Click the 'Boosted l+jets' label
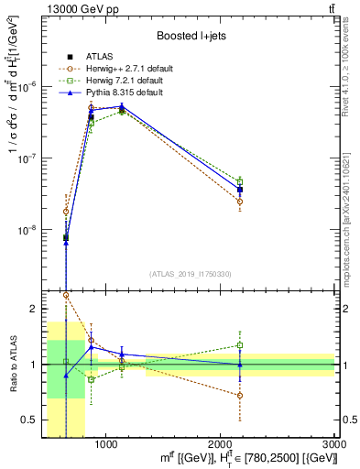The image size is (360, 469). [x=190, y=36]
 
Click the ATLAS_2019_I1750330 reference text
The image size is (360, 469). [x=191, y=274]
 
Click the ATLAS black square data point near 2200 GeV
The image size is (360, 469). [x=239, y=190]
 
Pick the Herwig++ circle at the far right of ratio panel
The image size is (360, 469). [x=239, y=396]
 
